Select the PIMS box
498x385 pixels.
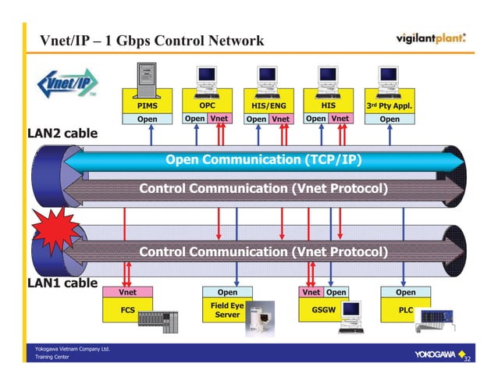point(148,105)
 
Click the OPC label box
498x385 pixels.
point(207,105)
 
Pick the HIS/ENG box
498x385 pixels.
point(269,105)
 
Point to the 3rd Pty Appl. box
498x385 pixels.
point(390,105)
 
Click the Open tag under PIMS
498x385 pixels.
point(148,119)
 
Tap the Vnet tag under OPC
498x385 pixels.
point(219,119)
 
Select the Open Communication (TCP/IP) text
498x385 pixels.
point(262,160)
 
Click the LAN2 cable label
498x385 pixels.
point(53,134)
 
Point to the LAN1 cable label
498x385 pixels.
point(53,283)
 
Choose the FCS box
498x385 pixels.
point(127,310)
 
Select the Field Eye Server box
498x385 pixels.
point(227,310)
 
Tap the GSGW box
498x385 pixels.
point(323,309)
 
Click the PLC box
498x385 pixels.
point(405,309)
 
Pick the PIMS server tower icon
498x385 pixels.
point(147,77)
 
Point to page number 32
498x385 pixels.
point(468,360)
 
